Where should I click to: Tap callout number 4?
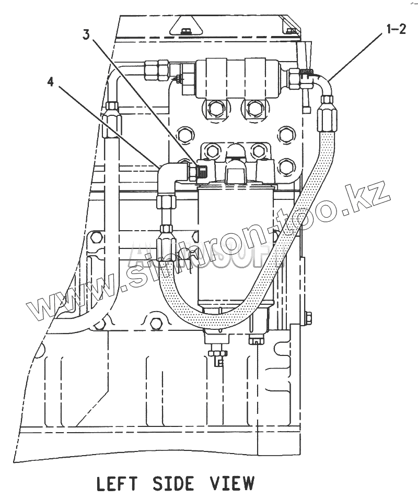click(51, 81)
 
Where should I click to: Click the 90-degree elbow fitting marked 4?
click(171, 175)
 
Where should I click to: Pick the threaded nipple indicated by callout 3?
click(200, 171)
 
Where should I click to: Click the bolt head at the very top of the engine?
click(186, 31)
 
